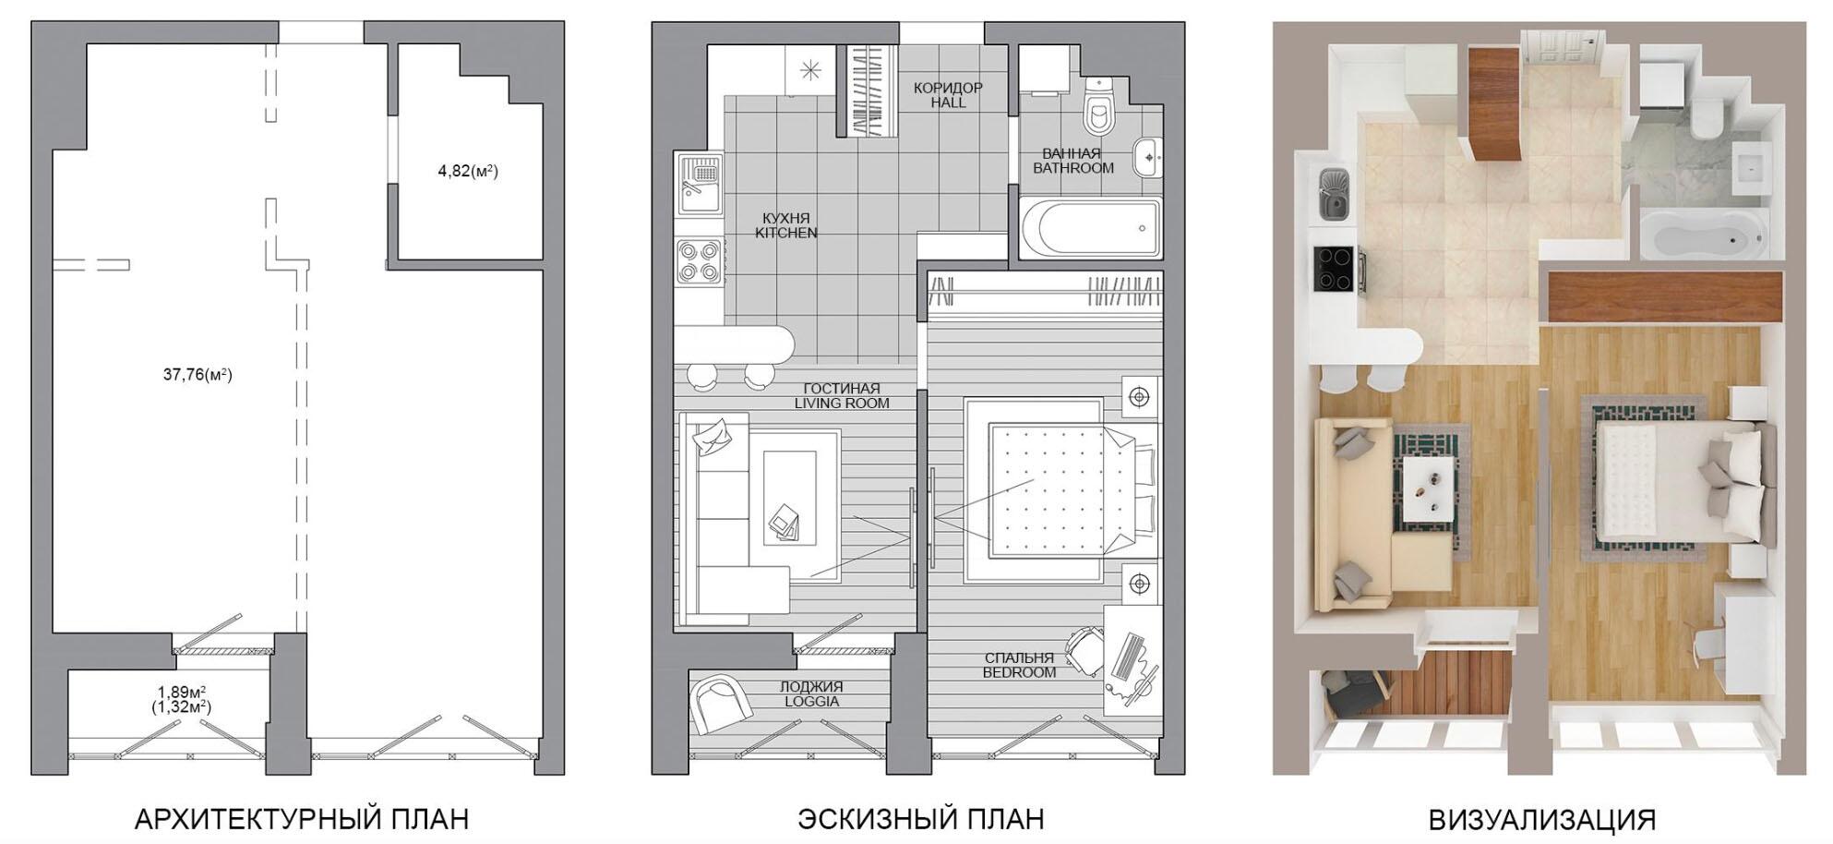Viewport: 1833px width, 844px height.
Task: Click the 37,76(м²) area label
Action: (198, 375)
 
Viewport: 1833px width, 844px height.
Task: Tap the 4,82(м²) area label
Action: (468, 171)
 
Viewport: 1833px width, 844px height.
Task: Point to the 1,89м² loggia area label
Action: (181, 692)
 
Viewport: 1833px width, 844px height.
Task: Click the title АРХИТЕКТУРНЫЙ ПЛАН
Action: (302, 818)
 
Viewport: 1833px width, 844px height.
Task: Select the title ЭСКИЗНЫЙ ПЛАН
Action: (921, 818)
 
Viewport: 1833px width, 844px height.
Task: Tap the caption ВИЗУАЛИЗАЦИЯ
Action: (1542, 819)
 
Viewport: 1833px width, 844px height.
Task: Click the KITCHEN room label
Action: (786, 234)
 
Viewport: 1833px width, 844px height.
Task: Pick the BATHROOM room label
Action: (1073, 169)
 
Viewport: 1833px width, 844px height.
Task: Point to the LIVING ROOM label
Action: (842, 404)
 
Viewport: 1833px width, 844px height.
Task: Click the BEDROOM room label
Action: (1019, 673)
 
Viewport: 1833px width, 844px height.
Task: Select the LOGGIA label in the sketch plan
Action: (811, 702)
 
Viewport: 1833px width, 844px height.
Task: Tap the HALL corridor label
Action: (948, 103)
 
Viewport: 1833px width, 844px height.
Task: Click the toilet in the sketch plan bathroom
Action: (1098, 103)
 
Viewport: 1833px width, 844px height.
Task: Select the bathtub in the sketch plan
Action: (1091, 228)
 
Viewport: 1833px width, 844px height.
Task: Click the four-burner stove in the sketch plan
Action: (699, 261)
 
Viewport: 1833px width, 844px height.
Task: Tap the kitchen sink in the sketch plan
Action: (699, 185)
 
